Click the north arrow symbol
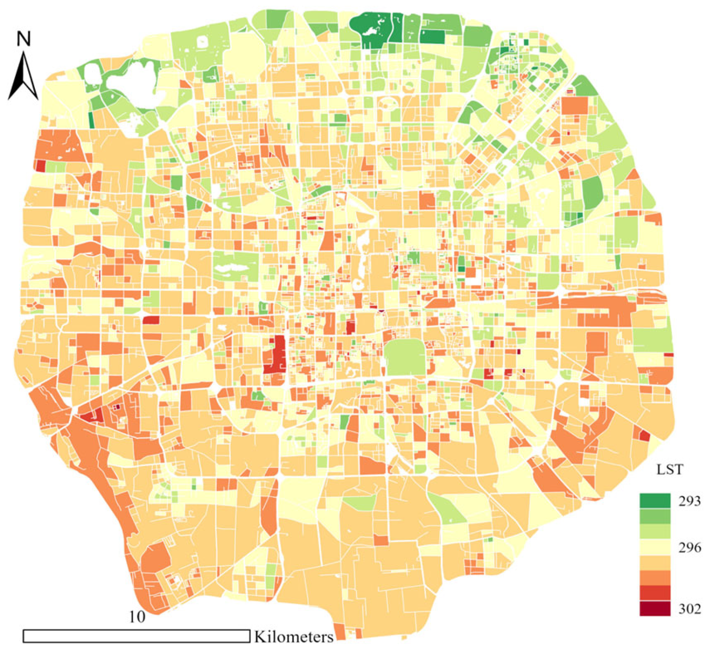pos(23,77)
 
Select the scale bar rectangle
pos(136,636)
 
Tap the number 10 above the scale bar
pos(137,617)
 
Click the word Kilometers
pos(294,637)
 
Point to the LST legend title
pos(669,469)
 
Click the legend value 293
pos(689,501)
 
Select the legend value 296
pos(689,547)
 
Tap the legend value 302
pos(689,609)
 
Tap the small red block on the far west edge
pos(40,166)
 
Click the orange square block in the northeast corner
pos(574,105)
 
